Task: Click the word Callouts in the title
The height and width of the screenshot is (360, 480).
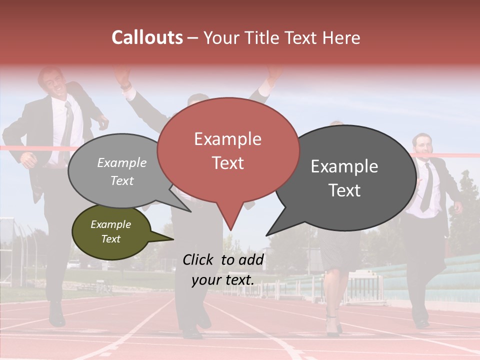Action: click(x=147, y=37)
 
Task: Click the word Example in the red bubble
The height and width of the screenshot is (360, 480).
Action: click(x=227, y=139)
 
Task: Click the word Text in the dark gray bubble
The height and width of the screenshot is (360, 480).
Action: click(x=344, y=190)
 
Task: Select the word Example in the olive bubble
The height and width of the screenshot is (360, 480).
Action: click(x=110, y=224)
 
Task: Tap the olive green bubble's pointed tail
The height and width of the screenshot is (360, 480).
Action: click(x=167, y=238)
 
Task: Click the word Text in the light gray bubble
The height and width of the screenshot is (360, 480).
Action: click(x=122, y=180)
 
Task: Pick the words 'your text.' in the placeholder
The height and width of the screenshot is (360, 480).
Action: click(x=222, y=280)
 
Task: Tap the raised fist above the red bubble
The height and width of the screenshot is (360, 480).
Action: click(x=273, y=75)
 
